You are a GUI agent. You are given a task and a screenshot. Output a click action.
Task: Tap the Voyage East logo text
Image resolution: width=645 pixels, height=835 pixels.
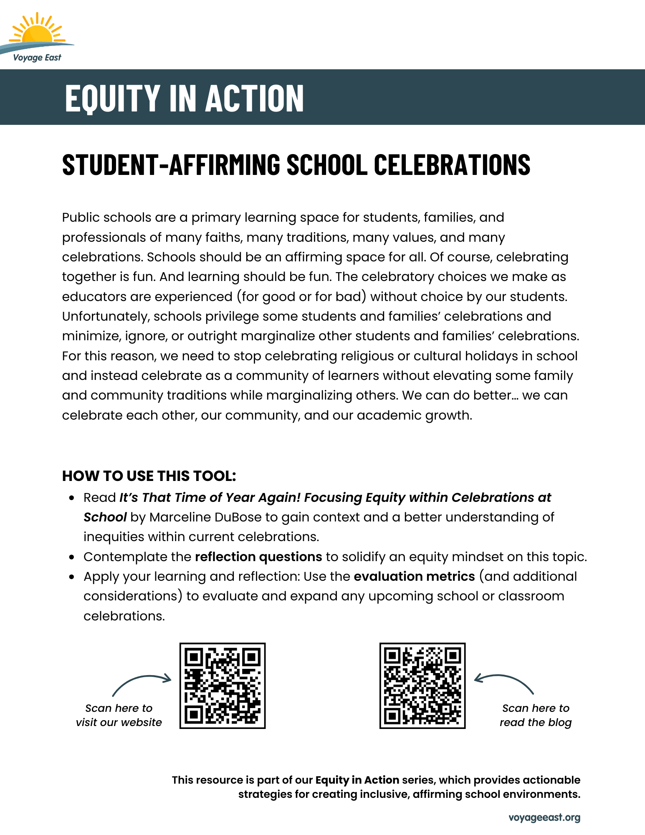[37, 58]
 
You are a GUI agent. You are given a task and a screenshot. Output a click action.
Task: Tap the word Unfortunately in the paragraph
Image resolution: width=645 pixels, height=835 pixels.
[106, 316]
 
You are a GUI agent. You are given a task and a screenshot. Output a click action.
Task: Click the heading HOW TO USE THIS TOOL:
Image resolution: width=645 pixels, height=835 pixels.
[149, 476]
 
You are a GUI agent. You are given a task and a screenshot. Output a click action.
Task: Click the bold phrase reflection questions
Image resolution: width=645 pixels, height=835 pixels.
[258, 557]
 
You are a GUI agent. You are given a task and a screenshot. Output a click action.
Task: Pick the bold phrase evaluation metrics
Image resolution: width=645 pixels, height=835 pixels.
[414, 577]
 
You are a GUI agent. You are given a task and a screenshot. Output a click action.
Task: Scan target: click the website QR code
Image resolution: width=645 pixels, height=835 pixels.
[223, 686]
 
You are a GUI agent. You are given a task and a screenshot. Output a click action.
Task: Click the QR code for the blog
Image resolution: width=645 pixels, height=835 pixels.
[422, 686]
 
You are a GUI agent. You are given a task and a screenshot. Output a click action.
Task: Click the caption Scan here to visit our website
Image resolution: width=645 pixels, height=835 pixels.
[119, 715]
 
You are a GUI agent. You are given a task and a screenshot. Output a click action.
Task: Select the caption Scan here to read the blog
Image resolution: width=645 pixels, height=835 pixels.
[536, 715]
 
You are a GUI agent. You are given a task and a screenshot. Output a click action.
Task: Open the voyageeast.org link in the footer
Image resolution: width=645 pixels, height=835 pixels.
[544, 817]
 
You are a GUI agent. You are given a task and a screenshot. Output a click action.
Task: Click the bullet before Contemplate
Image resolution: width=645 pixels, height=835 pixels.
[72, 557]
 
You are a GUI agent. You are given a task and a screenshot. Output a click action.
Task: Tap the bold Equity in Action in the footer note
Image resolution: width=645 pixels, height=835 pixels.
[357, 780]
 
